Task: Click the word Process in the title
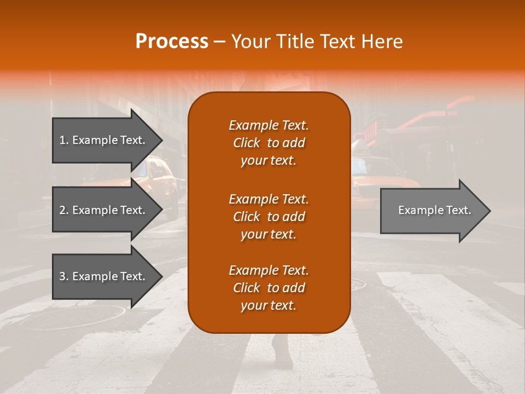(x=172, y=41)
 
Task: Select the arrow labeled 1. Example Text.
(x=104, y=140)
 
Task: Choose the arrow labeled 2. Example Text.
(x=104, y=210)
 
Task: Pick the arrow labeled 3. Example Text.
(x=104, y=276)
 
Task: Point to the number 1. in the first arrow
(x=63, y=140)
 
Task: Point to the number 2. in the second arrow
(x=63, y=210)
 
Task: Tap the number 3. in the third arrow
(x=63, y=276)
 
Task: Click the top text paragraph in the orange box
(x=269, y=143)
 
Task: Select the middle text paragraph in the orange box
(x=269, y=216)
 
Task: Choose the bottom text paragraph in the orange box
(x=269, y=288)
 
